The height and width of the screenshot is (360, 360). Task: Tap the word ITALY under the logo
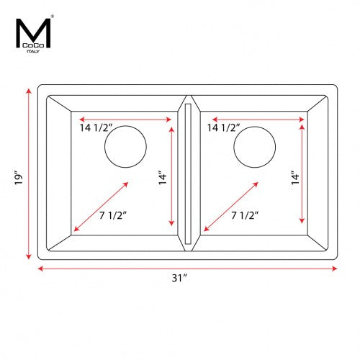tap(33, 51)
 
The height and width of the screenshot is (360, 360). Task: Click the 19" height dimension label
tap(19, 178)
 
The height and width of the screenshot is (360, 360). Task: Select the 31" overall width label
tap(179, 278)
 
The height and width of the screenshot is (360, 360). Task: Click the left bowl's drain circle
tap(104, 147)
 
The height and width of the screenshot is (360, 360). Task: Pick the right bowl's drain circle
tap(234, 147)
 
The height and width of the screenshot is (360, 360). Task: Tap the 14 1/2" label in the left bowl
tap(96, 127)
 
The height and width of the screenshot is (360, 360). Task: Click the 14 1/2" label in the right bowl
tap(224, 127)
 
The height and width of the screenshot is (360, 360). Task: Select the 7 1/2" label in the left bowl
tap(113, 215)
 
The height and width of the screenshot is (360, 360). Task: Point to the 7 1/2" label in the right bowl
tap(245, 215)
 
